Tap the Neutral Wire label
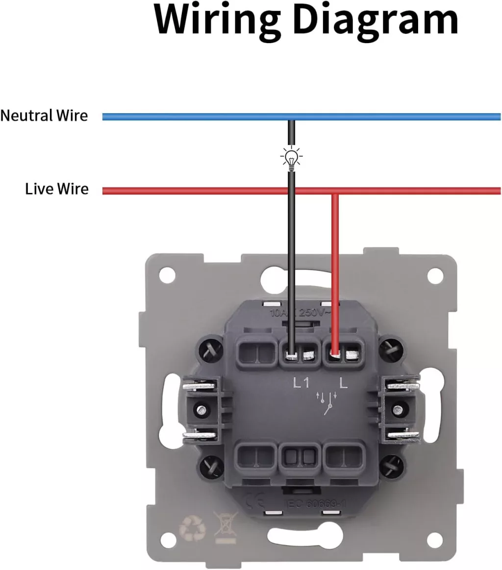(x=44, y=116)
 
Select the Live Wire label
(x=57, y=189)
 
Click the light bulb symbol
(x=291, y=158)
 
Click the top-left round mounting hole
(x=167, y=275)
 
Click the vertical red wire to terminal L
(x=335, y=269)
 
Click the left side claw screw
(x=200, y=408)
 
